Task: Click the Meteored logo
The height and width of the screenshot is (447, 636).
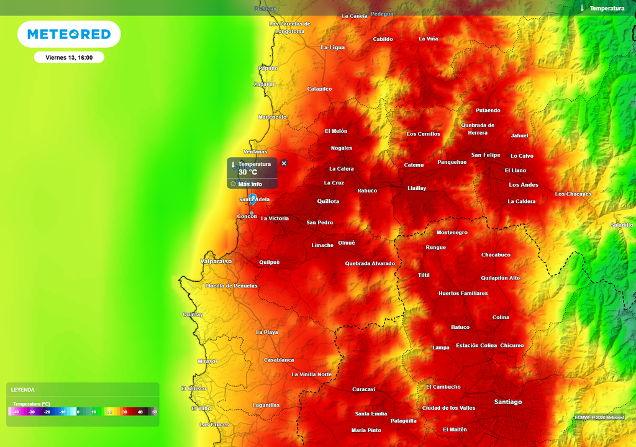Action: [x=69, y=35]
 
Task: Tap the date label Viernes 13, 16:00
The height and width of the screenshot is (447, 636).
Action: [x=69, y=57]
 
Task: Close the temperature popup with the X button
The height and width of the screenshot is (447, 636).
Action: [x=284, y=163]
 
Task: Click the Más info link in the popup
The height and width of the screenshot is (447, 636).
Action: [x=250, y=184]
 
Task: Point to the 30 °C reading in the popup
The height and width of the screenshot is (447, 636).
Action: [x=248, y=172]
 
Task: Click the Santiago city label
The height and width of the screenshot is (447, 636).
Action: [x=507, y=402]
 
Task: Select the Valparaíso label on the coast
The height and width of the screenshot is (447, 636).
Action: [x=216, y=261]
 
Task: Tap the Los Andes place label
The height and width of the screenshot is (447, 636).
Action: [x=523, y=185]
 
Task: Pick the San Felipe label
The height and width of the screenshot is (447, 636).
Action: [x=485, y=155]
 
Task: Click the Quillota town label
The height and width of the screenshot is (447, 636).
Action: [x=328, y=201]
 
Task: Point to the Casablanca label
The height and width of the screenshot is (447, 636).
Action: [x=279, y=360]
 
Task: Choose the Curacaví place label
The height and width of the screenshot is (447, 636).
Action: [x=363, y=389]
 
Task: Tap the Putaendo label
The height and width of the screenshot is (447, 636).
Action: [x=488, y=111]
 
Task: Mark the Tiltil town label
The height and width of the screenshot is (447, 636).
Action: [x=424, y=275]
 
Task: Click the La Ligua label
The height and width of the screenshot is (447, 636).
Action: [x=332, y=47]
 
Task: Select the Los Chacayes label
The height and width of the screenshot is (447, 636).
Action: [x=573, y=194]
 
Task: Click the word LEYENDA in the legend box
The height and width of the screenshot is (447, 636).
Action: [x=23, y=390]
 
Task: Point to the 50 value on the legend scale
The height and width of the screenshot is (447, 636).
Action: [x=154, y=412]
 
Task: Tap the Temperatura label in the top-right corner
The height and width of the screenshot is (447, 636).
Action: [x=606, y=8]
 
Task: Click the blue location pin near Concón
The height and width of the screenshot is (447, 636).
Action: [x=253, y=199]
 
